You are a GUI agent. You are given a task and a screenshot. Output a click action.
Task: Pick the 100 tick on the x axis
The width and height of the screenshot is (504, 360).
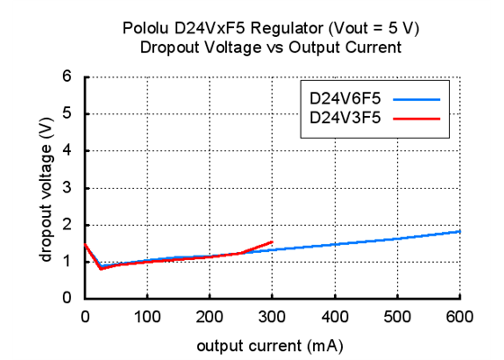[147, 316]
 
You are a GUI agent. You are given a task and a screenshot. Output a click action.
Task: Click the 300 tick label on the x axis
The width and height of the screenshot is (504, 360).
[272, 316]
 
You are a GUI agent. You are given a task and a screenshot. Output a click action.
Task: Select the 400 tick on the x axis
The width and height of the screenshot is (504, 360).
[335, 316]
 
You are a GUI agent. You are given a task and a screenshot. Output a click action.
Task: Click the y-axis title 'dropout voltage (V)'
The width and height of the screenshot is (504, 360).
[45, 187]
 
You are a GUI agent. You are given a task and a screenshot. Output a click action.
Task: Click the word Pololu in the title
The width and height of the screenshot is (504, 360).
[145, 30]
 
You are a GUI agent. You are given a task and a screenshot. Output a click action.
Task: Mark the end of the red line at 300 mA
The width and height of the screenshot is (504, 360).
[272, 241]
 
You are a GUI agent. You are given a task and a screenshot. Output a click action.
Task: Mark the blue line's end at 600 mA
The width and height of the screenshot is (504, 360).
[460, 231]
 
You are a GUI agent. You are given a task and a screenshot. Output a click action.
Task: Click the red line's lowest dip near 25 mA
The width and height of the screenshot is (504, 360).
[100, 268]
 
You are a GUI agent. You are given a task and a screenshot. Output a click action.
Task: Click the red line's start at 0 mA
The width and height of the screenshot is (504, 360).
[85, 243]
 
